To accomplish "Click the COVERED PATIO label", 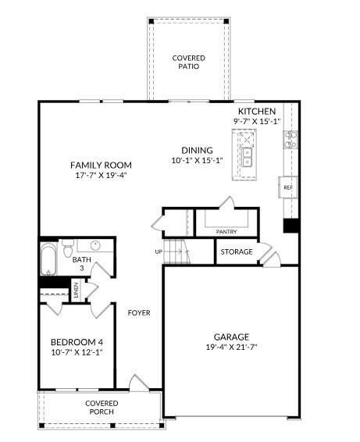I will pos(187,62).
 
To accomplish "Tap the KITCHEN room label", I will pos(257,111).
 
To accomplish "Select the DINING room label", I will pos(197,151).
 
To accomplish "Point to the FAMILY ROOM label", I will pos(101,165).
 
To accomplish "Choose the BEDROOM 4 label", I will pos(77,342).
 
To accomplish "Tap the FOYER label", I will pos(139,312).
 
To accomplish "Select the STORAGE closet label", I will pos(236,252).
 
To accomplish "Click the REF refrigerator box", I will pos(287,187).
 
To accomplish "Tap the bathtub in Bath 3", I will pos(48,260).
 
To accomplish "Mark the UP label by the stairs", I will pos(159,252).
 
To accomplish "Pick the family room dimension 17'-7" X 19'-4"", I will pos(101,175).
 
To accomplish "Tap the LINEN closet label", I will pos(76,292).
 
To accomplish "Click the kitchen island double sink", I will pos(248,155).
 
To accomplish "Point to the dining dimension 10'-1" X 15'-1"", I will pos(197,161).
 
